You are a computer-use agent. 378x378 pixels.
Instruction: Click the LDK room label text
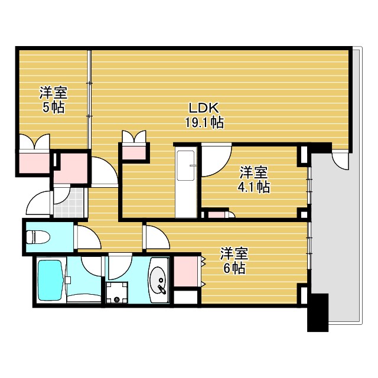204,108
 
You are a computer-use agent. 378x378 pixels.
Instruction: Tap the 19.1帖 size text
204,123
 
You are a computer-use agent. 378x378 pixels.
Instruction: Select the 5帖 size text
53,107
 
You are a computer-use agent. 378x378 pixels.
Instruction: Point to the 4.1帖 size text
254,187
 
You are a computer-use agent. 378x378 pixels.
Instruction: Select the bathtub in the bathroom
50,281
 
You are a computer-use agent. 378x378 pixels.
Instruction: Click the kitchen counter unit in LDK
187,184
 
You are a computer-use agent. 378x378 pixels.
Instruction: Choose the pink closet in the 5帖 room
34,160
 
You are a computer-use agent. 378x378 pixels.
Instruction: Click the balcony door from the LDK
341,158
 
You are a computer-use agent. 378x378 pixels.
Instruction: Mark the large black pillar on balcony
318,312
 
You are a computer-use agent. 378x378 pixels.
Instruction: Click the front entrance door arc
40,204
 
